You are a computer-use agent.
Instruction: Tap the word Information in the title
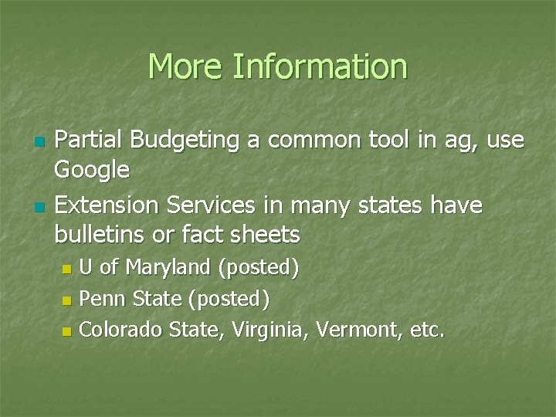click(x=320, y=66)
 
